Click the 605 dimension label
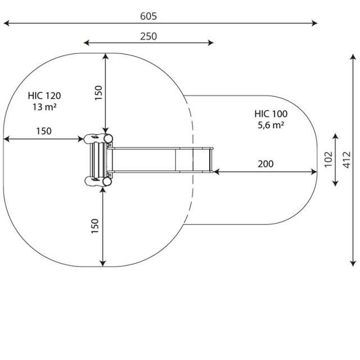click(x=148, y=16)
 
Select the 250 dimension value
click(x=148, y=36)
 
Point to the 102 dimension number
click(x=328, y=159)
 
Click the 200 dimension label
click(x=265, y=164)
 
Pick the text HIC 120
click(x=44, y=96)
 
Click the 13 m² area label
click(x=44, y=107)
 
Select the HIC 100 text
click(x=271, y=114)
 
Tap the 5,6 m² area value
click(x=271, y=125)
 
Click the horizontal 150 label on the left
click(x=44, y=131)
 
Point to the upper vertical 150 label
click(x=98, y=93)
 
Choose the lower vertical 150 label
click(x=95, y=226)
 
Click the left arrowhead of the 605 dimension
click(x=6, y=23)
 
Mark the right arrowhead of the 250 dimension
click(x=211, y=43)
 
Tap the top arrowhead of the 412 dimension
click(x=353, y=56)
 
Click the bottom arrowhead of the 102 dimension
click(x=335, y=183)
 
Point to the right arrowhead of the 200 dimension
click(x=314, y=172)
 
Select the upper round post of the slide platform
click(x=108, y=138)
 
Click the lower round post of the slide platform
click(x=107, y=181)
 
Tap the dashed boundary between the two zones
click(x=192, y=160)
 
